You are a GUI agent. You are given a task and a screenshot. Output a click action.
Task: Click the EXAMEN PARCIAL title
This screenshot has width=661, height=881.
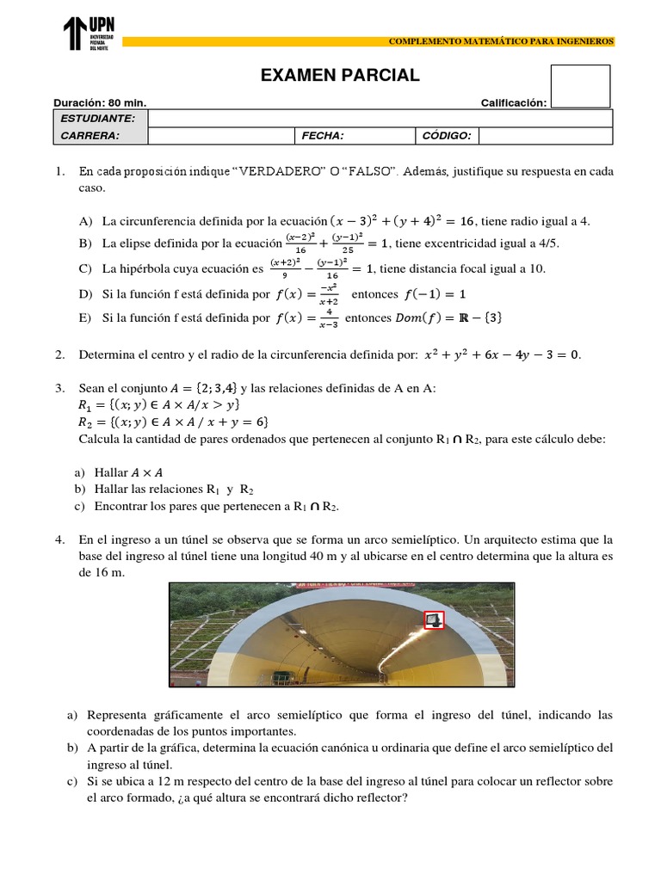(x=340, y=76)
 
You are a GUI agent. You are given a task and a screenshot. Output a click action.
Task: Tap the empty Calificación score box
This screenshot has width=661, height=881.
(x=580, y=86)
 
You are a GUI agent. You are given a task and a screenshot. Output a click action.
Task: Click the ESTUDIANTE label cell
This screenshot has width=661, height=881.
(x=98, y=118)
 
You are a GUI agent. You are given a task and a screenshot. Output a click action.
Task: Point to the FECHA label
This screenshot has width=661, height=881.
(x=323, y=135)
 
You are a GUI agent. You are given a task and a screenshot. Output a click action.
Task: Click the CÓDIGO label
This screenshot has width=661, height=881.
(x=446, y=135)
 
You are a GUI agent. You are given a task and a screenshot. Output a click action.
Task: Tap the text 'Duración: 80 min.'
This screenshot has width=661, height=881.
(x=100, y=103)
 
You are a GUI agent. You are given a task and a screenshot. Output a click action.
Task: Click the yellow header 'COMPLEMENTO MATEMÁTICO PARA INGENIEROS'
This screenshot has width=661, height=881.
(x=501, y=41)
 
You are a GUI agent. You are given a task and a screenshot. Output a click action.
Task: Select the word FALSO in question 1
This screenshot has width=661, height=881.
(x=368, y=171)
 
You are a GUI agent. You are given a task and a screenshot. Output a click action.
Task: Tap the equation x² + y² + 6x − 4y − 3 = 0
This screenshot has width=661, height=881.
(x=503, y=354)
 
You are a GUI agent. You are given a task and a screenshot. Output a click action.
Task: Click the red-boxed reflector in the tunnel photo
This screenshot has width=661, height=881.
(x=434, y=619)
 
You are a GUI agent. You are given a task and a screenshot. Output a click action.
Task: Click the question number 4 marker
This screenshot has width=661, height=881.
(x=59, y=540)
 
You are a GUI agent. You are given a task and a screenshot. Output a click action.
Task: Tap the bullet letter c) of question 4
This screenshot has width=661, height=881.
(x=71, y=780)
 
